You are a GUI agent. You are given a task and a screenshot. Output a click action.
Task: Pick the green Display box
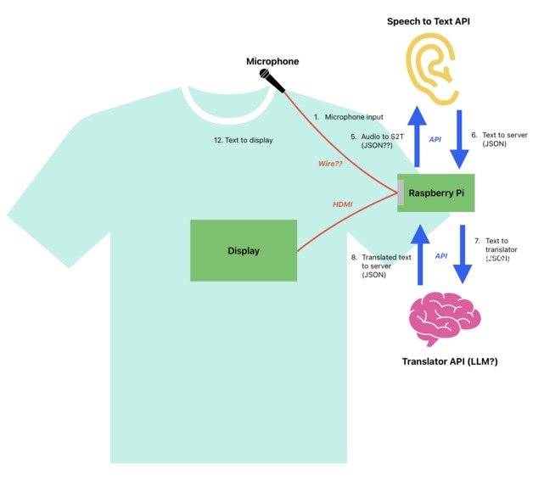244,250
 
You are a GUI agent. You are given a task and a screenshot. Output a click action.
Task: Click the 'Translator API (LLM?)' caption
449,362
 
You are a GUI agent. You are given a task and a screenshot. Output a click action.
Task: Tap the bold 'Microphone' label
272,61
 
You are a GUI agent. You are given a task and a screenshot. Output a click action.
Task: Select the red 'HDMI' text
343,204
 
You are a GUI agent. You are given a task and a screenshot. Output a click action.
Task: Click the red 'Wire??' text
330,164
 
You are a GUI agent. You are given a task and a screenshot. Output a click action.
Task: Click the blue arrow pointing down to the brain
463,255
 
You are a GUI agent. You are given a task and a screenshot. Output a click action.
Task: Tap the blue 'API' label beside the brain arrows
441,255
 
